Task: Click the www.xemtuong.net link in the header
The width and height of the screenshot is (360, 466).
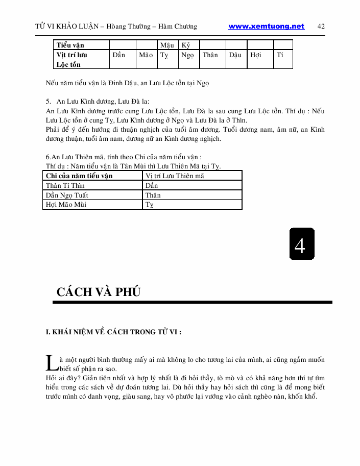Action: click(x=266, y=27)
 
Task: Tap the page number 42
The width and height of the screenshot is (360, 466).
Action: click(x=321, y=27)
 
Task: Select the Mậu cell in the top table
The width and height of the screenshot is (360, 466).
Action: click(x=167, y=45)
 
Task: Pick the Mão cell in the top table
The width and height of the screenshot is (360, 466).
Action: click(x=146, y=55)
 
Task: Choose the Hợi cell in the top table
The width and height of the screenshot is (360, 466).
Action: click(x=256, y=55)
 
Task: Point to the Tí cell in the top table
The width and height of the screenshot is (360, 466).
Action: click(x=280, y=55)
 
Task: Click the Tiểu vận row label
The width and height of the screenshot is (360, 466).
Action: click(x=70, y=45)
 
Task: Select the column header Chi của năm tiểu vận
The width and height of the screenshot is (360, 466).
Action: click(x=79, y=176)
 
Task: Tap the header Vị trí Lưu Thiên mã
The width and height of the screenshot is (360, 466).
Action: click(x=175, y=176)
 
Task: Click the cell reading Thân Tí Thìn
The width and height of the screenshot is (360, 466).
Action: click(x=65, y=185)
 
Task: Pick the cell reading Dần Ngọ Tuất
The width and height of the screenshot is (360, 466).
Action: click(x=67, y=195)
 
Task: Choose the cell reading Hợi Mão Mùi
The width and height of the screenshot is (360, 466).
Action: click(x=66, y=205)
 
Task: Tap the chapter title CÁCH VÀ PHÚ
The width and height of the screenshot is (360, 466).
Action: click(x=99, y=292)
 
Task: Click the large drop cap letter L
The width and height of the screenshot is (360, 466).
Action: click(x=52, y=363)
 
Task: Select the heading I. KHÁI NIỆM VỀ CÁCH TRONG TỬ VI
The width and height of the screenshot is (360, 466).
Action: click(x=114, y=332)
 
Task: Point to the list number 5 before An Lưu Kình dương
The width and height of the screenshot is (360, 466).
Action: click(x=48, y=101)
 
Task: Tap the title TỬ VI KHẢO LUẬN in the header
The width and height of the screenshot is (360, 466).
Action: click(x=67, y=27)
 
